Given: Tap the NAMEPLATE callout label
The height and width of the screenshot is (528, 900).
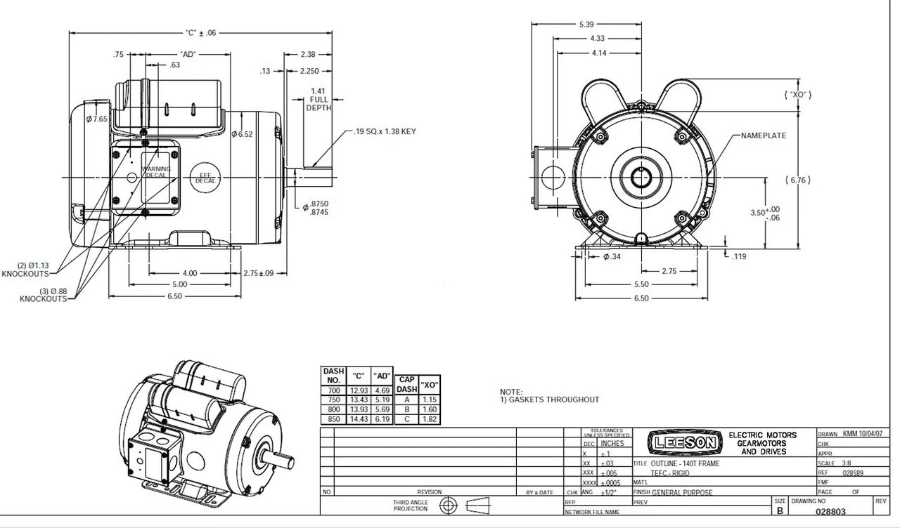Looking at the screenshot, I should pos(763,136).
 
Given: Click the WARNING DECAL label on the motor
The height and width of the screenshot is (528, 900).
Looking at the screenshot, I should pos(156,172).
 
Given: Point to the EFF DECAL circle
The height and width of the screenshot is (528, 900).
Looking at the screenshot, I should pos(205,178).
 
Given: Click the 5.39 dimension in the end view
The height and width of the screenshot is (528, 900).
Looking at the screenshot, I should pos(586,25).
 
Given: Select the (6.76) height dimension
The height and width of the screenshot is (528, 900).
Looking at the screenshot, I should pos(798,180).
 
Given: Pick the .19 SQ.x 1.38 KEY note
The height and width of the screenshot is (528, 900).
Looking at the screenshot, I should pos(385,131).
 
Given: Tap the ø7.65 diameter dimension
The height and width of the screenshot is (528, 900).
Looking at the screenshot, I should pos(96,119).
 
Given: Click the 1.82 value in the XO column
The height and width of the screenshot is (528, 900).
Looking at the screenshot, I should pos(429,419).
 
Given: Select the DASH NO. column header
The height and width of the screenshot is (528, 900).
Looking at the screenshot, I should pos(333,375).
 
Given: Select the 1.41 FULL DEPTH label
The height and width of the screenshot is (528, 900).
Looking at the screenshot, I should pos(318,99).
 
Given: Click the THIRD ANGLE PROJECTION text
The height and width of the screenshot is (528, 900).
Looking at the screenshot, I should pos(410,506).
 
